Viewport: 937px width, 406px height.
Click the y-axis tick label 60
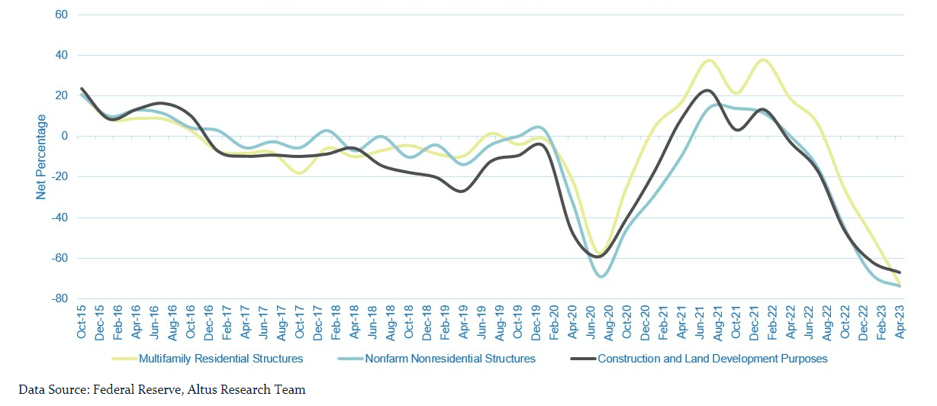coord(61,15)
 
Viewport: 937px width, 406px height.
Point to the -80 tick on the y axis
coord(59,299)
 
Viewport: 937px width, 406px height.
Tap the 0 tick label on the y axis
coord(64,137)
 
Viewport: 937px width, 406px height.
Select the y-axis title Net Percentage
coord(41,157)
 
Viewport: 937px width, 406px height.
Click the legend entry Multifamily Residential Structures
coord(221,358)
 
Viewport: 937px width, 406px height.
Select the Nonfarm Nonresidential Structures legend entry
coord(450,358)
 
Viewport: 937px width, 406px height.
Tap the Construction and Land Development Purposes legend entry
coord(712,358)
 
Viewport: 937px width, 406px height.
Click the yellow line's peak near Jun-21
coord(709,60)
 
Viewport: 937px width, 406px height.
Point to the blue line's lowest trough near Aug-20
coord(602,276)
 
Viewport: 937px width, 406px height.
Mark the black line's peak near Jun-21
coord(707,90)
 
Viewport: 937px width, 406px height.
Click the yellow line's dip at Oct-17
coord(299,173)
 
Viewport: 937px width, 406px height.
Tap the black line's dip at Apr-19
coord(461,191)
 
